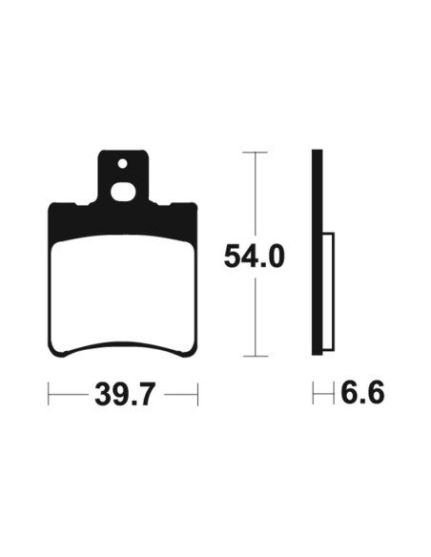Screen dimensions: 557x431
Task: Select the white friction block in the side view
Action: click(329, 290)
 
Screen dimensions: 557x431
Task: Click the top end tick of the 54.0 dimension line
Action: click(254, 152)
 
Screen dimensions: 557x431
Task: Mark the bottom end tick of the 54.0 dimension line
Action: click(254, 356)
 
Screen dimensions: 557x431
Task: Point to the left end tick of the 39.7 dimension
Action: click(49, 393)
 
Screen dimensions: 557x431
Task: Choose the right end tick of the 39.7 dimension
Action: click(197, 393)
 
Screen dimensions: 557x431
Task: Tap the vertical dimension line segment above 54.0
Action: click(254, 196)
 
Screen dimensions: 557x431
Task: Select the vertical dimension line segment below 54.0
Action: click(254, 315)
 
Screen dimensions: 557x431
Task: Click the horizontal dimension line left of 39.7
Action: click(69, 393)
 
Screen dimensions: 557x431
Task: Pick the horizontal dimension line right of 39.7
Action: click(179, 393)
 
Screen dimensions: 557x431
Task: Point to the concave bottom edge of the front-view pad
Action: click(123, 346)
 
